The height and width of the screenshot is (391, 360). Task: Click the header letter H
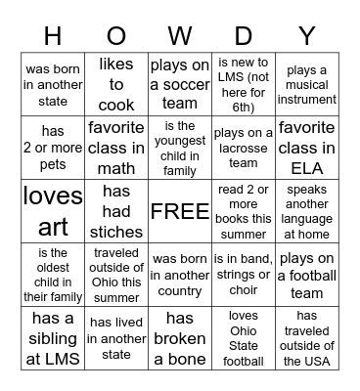point(53,36)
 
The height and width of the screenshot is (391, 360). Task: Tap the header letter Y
point(307,36)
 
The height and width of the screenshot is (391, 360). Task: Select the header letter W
point(180,36)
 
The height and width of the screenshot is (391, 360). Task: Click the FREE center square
point(180,211)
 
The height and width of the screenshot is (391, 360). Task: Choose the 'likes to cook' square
point(116,85)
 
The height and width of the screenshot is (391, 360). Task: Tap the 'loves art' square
point(53,211)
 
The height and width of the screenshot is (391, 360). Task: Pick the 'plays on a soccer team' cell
point(180,85)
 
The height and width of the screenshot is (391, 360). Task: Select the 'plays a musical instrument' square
point(307,85)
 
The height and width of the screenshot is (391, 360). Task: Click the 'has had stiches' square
point(116,211)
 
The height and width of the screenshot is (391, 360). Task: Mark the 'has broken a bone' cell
point(180,338)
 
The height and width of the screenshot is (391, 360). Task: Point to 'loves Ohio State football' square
point(244,338)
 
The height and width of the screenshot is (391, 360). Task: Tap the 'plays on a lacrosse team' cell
point(244,148)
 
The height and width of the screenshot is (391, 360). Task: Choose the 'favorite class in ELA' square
point(307,148)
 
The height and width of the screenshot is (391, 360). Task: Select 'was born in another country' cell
point(180,275)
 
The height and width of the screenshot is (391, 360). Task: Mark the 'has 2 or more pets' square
point(53,148)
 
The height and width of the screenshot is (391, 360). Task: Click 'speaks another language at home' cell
point(307,211)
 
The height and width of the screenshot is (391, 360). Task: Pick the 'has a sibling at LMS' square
point(53,338)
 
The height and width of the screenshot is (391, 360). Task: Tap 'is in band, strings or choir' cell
point(244,275)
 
